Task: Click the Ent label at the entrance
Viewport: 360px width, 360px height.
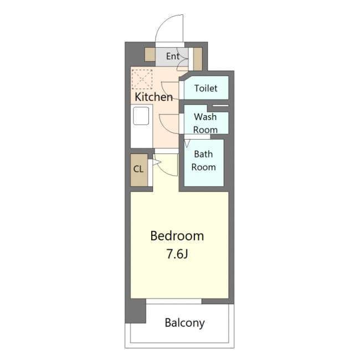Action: pos(173,56)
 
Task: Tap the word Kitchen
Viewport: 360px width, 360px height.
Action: pos(153,97)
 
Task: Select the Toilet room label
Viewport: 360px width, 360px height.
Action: pos(205,88)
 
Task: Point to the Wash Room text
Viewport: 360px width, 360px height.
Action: pos(205,124)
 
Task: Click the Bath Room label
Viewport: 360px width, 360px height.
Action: pos(204,161)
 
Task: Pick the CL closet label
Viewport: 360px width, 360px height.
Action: pos(138,169)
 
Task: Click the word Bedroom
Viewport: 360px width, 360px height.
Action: pos(177,236)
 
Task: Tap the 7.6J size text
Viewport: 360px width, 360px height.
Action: pos(177,254)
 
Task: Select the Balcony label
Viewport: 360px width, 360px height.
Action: pos(184,323)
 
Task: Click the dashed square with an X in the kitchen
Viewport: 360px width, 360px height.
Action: pos(142,79)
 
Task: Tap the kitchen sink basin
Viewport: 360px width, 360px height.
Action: pos(141,116)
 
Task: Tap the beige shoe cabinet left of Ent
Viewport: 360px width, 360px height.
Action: pos(150,54)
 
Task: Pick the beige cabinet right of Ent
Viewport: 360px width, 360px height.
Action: pos(198,59)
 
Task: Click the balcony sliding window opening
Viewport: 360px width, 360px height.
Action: pos(174,301)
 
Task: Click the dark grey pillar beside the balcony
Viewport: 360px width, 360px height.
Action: pos(136,311)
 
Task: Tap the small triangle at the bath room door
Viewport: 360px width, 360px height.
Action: pos(187,143)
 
